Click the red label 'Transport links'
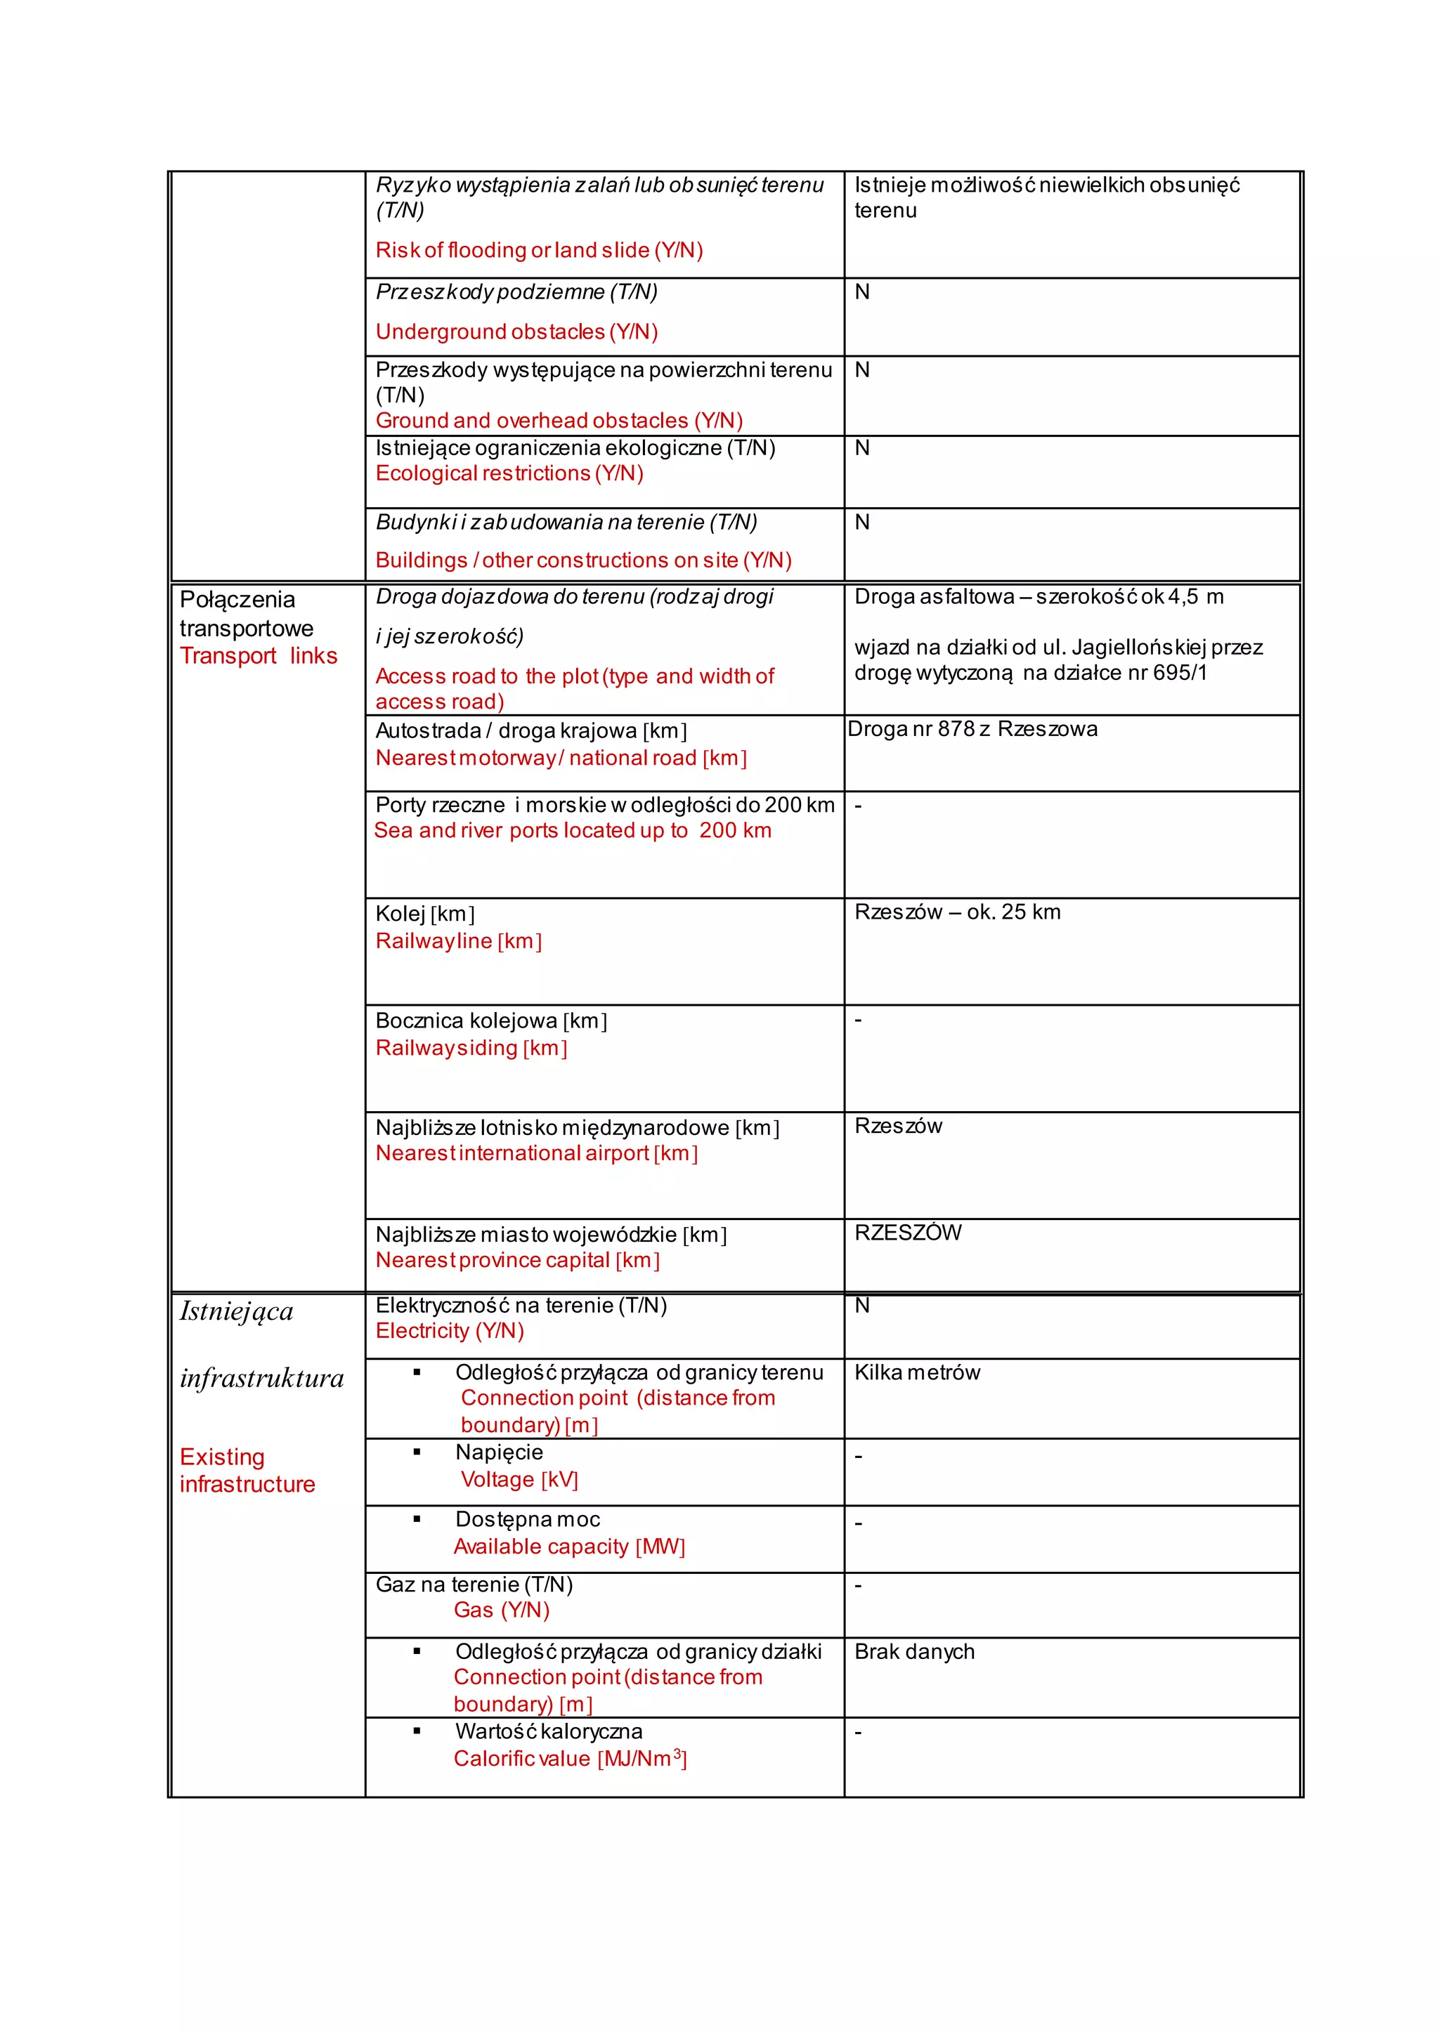point(258,657)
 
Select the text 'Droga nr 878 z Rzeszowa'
point(972,729)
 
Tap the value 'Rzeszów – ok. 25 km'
point(957,912)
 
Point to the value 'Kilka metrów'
point(917,1372)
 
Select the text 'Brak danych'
point(914,1651)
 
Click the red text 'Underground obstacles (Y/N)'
point(516,332)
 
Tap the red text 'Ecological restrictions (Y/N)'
point(509,474)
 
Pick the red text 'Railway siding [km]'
point(471,1048)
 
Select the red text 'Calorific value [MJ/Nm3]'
point(570,1759)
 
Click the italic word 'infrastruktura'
point(261,1379)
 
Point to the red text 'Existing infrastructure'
point(247,1471)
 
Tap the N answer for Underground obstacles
point(862,292)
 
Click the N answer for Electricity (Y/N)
point(862,1306)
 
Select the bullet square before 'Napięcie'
point(417,1452)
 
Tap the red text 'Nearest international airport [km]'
point(536,1153)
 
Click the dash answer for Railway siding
point(858,1021)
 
